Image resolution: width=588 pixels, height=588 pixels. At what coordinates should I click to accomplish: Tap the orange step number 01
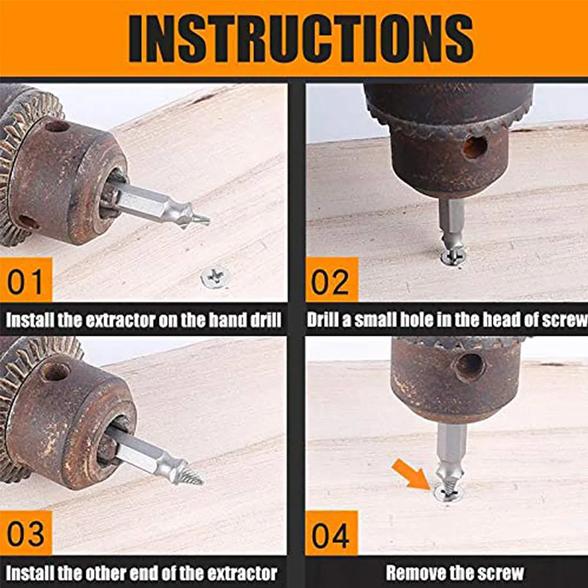point(25,281)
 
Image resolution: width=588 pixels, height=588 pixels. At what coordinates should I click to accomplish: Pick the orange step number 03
point(25,534)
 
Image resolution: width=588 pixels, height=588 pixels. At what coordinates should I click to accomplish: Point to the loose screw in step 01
point(215,275)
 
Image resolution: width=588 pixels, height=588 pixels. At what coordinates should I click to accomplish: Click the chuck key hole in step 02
point(475,147)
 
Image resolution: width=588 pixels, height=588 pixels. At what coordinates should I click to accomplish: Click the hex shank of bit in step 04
point(449,444)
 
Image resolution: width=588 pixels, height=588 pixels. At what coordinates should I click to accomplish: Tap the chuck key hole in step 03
point(55,371)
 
